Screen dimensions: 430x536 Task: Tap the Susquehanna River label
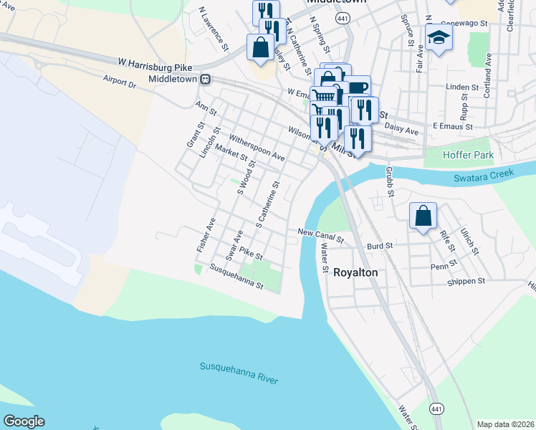point(238,373)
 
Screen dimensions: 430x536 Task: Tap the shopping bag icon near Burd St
point(423,215)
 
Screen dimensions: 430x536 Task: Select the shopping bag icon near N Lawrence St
point(261,47)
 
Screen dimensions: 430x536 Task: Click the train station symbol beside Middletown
point(205,79)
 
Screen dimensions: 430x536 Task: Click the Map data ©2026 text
point(504,424)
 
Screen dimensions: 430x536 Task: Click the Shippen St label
point(467,281)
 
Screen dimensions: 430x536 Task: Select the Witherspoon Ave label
point(257,147)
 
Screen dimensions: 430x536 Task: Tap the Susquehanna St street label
point(236,277)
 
